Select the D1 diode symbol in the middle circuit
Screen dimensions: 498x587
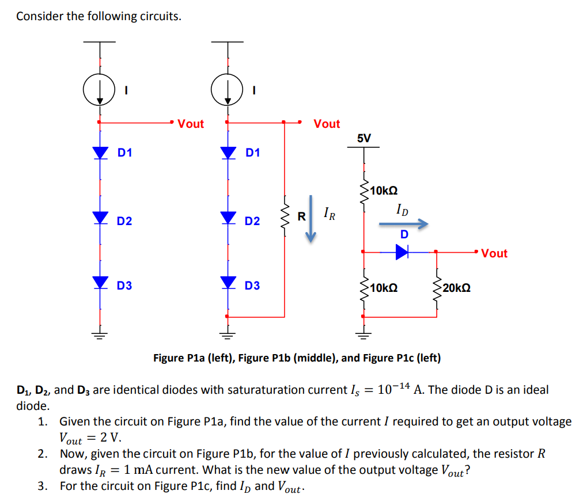click(x=229, y=153)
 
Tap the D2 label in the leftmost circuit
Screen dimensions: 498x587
click(x=124, y=221)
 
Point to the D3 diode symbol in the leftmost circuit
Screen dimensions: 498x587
click(x=101, y=282)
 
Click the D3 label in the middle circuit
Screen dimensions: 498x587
click(x=252, y=286)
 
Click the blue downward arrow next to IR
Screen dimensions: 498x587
click(x=311, y=219)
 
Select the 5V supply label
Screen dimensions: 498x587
click(x=364, y=138)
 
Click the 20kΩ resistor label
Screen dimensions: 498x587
click(x=457, y=287)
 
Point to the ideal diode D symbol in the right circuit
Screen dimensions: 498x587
click(x=402, y=252)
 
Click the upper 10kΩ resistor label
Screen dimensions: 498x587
click(x=384, y=190)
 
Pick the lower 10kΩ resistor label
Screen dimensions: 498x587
click(x=384, y=287)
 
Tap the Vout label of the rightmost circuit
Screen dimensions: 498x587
click(x=494, y=253)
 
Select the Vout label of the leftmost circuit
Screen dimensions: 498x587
click(x=191, y=124)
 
